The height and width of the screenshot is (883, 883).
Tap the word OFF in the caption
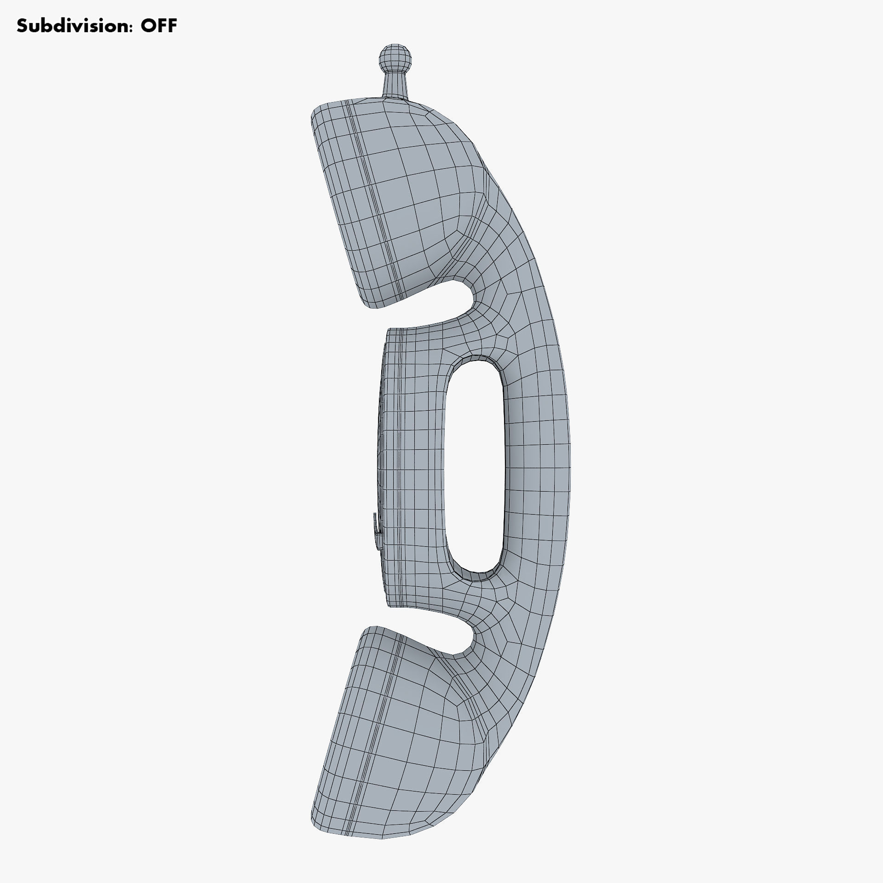(x=158, y=26)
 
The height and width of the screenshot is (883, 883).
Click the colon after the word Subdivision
(x=129, y=27)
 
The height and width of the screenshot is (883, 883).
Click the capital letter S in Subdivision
(x=22, y=26)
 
